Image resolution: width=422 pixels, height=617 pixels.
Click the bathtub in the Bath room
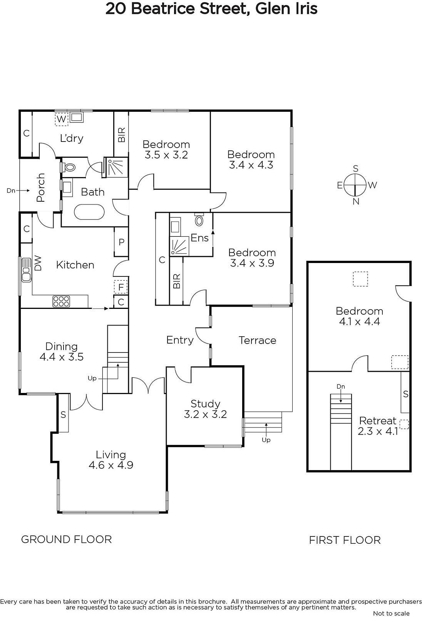click(x=89, y=212)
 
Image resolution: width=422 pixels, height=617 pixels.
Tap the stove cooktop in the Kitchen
click(x=61, y=301)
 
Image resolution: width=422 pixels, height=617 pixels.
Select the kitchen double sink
click(x=26, y=270)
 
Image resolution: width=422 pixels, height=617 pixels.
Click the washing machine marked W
click(x=61, y=119)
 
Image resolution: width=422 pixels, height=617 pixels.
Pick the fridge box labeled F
click(x=121, y=287)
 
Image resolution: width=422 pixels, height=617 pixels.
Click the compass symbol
click(x=355, y=185)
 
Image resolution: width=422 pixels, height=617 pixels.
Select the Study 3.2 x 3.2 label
click(x=206, y=409)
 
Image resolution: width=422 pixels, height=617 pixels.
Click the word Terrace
click(x=257, y=340)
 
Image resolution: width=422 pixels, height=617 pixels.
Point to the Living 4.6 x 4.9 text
click(x=111, y=460)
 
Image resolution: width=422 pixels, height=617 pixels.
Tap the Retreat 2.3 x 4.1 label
click(x=378, y=426)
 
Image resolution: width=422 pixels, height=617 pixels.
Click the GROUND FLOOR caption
click(x=67, y=539)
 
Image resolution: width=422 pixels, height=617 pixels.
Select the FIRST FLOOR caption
click(x=345, y=540)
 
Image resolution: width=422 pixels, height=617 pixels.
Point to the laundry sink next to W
click(x=77, y=117)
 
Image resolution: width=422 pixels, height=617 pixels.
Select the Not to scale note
click(x=391, y=613)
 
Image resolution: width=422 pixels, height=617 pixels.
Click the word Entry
click(x=180, y=340)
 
